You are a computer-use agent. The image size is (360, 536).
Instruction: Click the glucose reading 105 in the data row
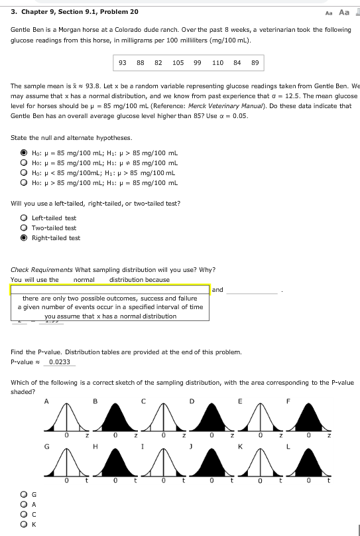(178, 62)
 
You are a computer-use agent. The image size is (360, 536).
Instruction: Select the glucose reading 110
(217, 62)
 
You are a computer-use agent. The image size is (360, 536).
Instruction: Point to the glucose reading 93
(123, 62)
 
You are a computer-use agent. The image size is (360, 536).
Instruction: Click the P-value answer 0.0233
(60, 362)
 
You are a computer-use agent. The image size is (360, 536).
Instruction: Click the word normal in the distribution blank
(84, 279)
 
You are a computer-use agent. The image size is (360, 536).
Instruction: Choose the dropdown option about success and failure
(110, 299)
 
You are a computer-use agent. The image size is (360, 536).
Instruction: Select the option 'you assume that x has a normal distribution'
(110, 316)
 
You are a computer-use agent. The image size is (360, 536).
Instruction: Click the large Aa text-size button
(343, 12)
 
